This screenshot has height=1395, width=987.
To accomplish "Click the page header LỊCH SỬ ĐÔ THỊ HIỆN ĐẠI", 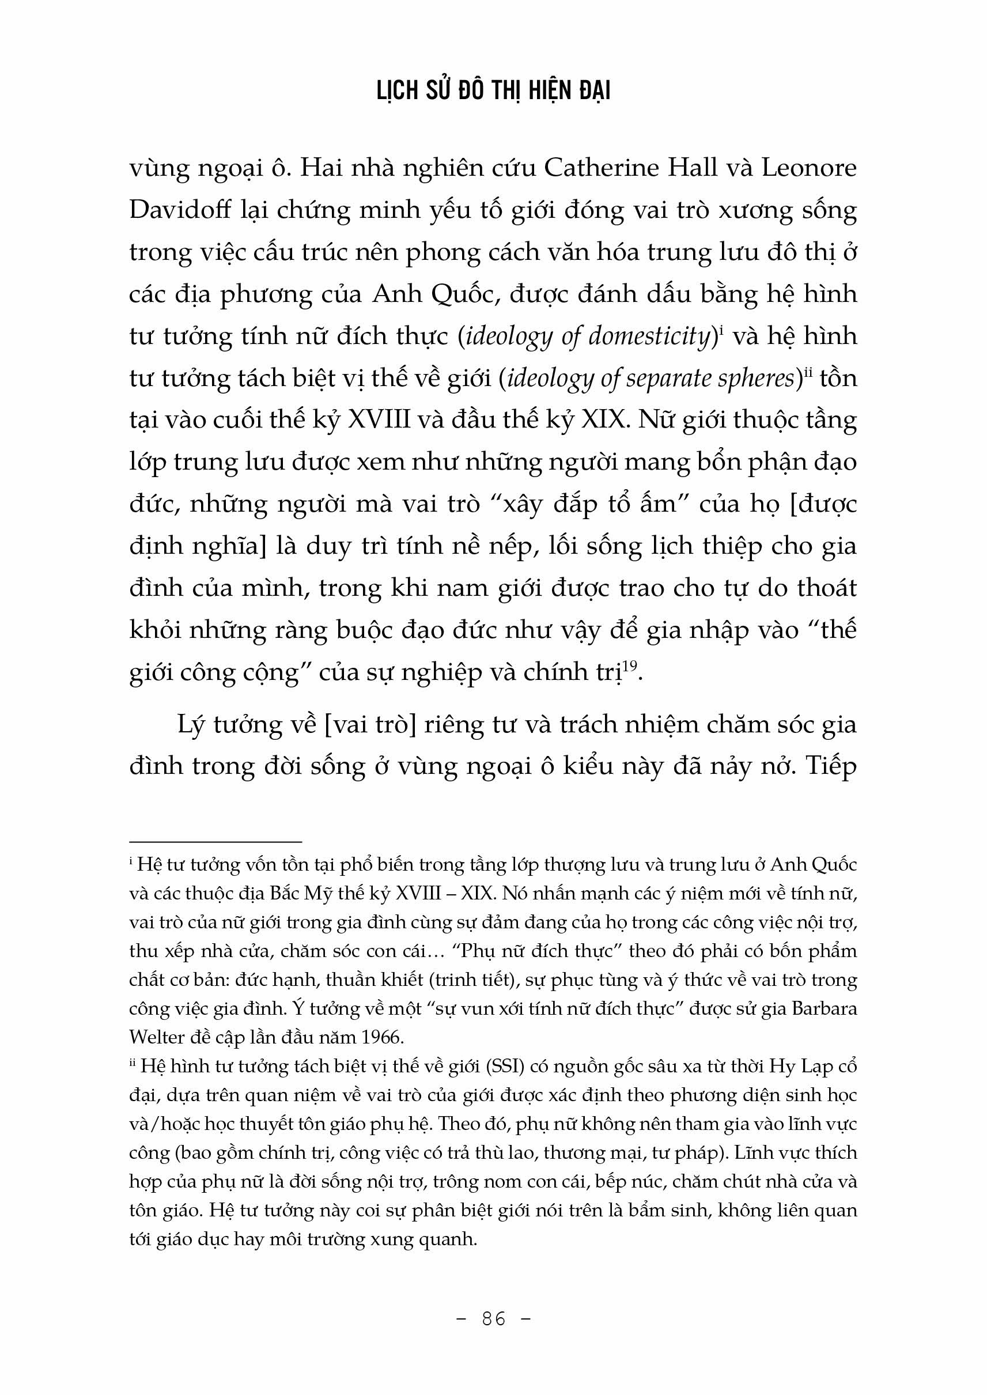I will tap(493, 91).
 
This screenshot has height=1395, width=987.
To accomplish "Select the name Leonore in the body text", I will tap(809, 168).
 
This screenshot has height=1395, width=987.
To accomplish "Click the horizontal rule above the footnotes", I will tap(215, 842).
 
